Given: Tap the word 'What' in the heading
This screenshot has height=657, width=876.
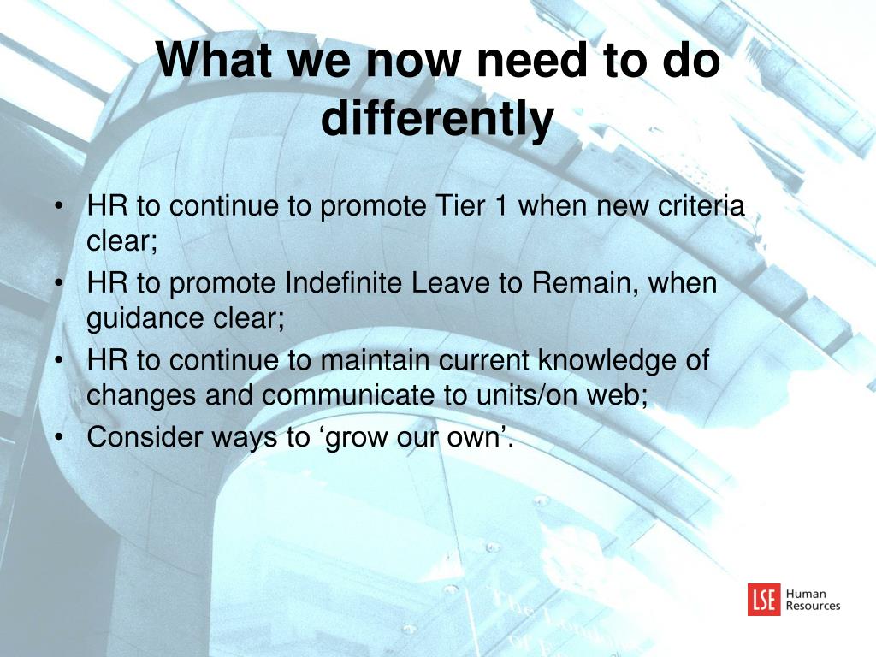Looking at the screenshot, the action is point(216,60).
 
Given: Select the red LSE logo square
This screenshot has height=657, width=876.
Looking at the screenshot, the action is point(764,600).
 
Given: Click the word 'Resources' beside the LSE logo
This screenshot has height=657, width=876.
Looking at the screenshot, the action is point(813,606).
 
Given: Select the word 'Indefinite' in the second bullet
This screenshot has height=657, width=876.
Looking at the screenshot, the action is point(344,282).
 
